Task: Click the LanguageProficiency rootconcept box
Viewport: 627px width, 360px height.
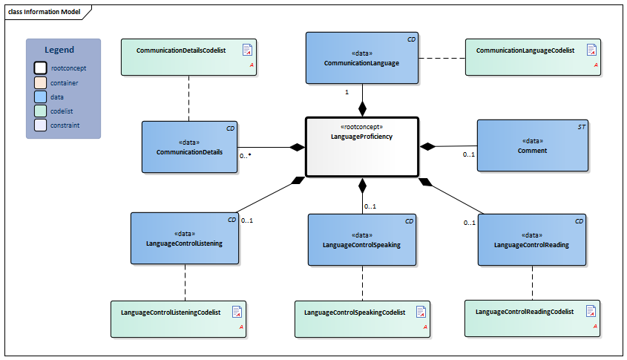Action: [362, 147]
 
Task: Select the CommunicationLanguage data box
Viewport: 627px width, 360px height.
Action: [361, 58]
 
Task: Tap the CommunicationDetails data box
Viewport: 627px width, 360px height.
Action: [190, 147]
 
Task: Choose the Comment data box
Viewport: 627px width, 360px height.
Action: [532, 146]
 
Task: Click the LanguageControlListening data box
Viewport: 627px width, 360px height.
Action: [185, 238]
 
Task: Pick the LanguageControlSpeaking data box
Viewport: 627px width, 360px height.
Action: [361, 240]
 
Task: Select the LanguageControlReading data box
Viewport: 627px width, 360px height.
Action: [531, 240]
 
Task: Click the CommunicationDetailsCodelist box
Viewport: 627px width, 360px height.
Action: [188, 57]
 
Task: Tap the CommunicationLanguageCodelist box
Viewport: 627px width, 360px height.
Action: [532, 57]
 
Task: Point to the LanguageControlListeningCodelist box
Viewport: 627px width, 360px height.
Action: [177, 318]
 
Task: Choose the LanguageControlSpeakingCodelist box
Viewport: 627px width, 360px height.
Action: [361, 318]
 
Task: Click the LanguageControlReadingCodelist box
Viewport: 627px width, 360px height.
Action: [532, 318]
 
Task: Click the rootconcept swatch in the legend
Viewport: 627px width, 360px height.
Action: [40, 68]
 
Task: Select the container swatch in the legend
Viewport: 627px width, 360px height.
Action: [40, 83]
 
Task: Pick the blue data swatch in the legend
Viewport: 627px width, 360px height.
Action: [40, 97]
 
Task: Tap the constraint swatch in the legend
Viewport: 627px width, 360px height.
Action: [40, 125]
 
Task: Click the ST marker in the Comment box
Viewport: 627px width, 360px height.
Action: [581, 128]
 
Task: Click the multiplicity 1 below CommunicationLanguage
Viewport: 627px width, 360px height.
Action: [347, 92]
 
